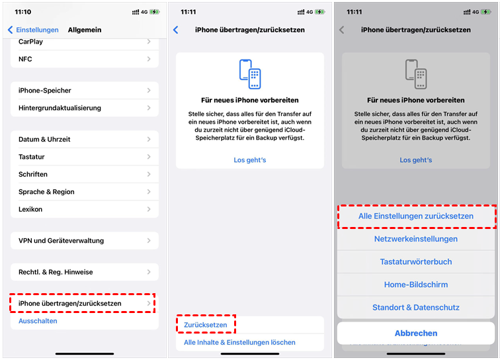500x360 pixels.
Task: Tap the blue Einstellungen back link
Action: pos(33,30)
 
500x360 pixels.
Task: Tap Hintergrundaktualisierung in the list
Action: pos(60,108)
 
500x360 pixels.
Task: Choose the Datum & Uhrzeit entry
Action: pos(44,139)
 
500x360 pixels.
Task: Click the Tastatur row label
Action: pos(32,157)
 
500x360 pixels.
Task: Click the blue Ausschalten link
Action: pos(38,321)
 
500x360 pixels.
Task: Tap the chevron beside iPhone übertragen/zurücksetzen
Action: pos(149,303)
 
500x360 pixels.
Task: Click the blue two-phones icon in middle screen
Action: pos(250,74)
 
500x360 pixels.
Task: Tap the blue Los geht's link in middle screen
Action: pos(250,160)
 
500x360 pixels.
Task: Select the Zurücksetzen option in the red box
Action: pos(205,325)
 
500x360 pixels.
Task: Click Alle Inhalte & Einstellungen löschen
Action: pos(239,342)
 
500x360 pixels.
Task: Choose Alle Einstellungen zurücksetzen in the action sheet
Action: pos(416,216)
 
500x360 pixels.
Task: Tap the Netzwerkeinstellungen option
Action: pos(416,239)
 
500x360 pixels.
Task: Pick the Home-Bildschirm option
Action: pos(416,285)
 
